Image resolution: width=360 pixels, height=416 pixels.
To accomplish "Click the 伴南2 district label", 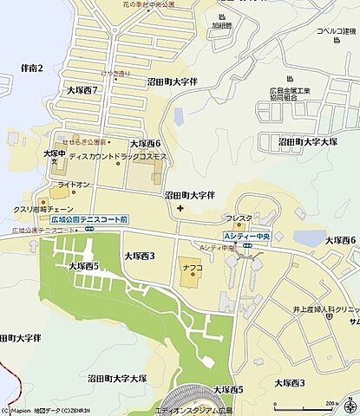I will [30, 68].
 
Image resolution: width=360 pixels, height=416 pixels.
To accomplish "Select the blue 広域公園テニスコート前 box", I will [89, 221].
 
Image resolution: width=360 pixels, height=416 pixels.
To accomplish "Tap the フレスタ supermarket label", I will [239, 218].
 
